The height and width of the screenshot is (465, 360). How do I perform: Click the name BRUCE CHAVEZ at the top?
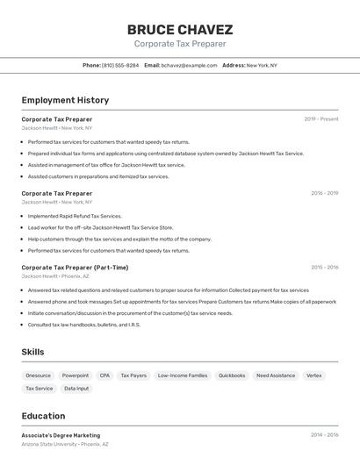click(180, 30)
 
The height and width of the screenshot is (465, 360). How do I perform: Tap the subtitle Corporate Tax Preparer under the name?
click(180, 44)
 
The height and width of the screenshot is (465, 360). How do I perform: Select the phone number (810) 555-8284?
click(119, 65)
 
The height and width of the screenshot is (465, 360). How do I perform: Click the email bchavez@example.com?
click(188, 65)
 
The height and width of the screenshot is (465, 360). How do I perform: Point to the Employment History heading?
click(65, 100)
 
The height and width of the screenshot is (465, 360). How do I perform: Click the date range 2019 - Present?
click(321, 119)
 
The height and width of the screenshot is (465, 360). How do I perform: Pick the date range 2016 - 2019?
click(324, 193)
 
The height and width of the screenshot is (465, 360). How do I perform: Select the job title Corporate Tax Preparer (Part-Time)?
click(75, 268)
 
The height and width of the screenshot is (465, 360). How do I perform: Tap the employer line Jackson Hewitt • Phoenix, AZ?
click(66, 276)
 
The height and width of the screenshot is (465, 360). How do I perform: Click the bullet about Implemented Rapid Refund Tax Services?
click(75, 216)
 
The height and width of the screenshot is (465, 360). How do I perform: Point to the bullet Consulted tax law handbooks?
click(83, 325)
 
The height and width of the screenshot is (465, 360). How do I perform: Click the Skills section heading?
click(33, 352)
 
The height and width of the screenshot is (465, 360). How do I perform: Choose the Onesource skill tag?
click(38, 376)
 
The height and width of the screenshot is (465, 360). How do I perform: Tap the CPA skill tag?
click(104, 376)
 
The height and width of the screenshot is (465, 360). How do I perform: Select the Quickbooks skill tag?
click(232, 376)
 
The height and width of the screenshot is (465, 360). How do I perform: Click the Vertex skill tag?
click(313, 376)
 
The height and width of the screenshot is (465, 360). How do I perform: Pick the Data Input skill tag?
click(76, 389)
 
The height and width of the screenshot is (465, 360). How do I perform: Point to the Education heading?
click(44, 416)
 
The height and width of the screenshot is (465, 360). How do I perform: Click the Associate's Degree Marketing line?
click(61, 435)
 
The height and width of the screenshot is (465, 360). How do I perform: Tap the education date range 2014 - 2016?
click(324, 435)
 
